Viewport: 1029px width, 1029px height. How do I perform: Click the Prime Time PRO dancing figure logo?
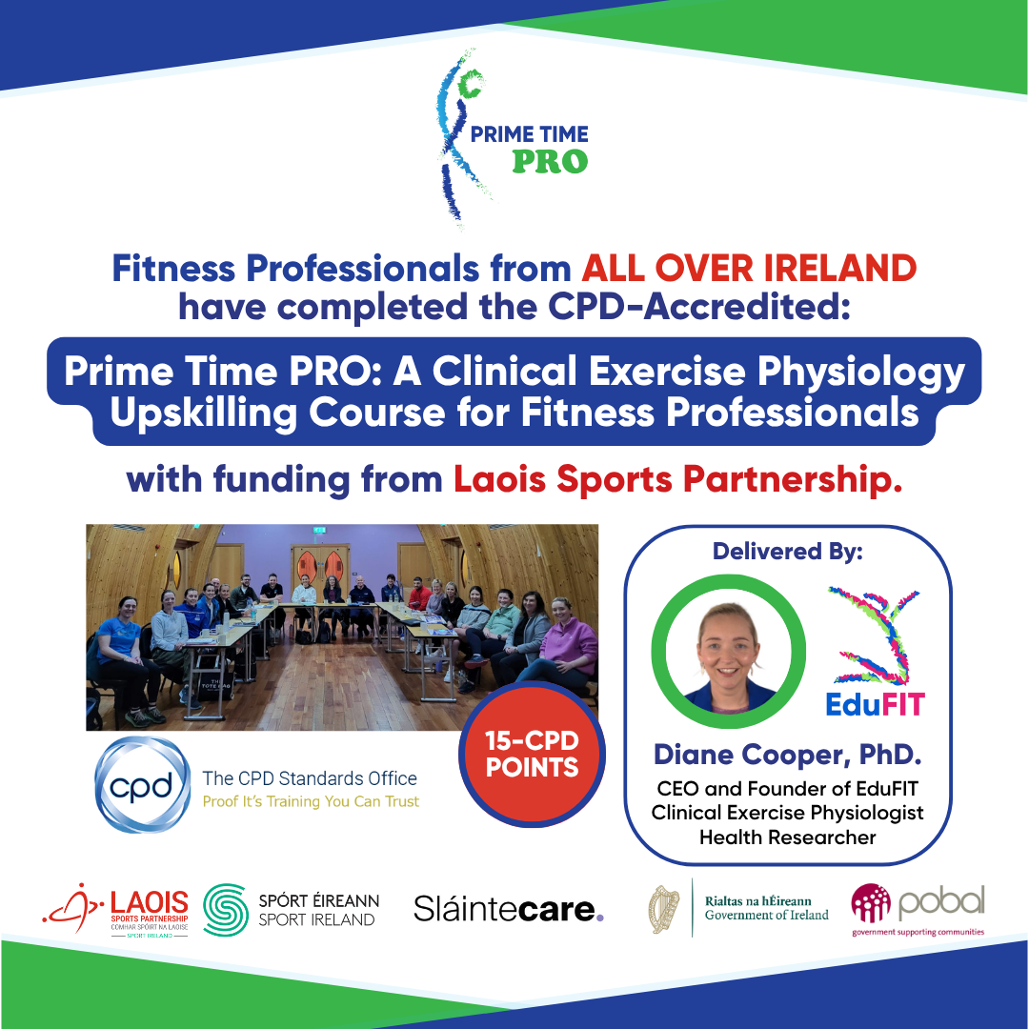(x=459, y=139)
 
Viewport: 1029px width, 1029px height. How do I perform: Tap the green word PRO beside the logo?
(x=550, y=161)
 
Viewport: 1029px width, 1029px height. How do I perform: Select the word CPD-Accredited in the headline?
(x=699, y=307)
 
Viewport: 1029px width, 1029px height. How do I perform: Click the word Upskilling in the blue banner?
(x=204, y=414)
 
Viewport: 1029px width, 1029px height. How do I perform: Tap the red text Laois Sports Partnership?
(x=678, y=479)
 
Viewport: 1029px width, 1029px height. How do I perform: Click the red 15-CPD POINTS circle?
(x=532, y=754)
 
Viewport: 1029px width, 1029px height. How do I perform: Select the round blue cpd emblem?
(x=142, y=785)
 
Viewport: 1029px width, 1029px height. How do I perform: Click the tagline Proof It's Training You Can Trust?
(x=311, y=801)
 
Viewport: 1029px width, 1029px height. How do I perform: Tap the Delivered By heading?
(x=788, y=552)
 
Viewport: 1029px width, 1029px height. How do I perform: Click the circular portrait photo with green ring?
(x=729, y=652)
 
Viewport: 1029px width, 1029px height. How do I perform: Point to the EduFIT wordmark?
(x=875, y=704)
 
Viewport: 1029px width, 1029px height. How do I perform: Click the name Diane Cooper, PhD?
(x=788, y=755)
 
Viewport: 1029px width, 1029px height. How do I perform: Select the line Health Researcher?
(x=788, y=837)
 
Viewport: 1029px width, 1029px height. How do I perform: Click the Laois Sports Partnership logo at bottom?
(x=115, y=910)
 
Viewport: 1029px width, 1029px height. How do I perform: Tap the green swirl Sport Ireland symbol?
(x=226, y=910)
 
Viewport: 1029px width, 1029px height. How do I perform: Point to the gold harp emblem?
(x=664, y=910)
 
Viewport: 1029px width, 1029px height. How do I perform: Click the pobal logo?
(x=918, y=910)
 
